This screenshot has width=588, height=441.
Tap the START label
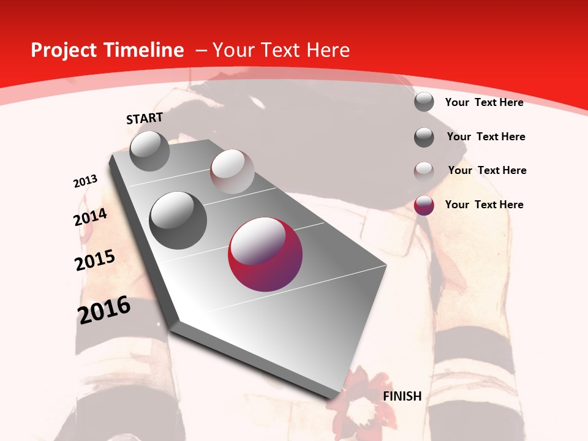[x=145, y=119]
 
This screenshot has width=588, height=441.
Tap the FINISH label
[x=402, y=396]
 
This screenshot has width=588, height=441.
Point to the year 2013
[x=85, y=181]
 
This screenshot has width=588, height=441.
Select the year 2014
[x=90, y=217]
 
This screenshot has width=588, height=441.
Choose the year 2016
[x=104, y=310]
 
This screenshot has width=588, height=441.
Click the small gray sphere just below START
[x=149, y=151]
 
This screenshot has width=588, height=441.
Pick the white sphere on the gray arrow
[x=232, y=171]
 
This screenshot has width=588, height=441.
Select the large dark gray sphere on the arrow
[x=178, y=221]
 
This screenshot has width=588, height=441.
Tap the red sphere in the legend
[x=424, y=205]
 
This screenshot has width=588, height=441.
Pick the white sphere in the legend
[x=424, y=171]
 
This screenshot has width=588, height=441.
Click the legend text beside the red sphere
[x=484, y=205]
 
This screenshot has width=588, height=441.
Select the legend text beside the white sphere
[x=488, y=170]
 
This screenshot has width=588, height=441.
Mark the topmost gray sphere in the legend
[x=424, y=102]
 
